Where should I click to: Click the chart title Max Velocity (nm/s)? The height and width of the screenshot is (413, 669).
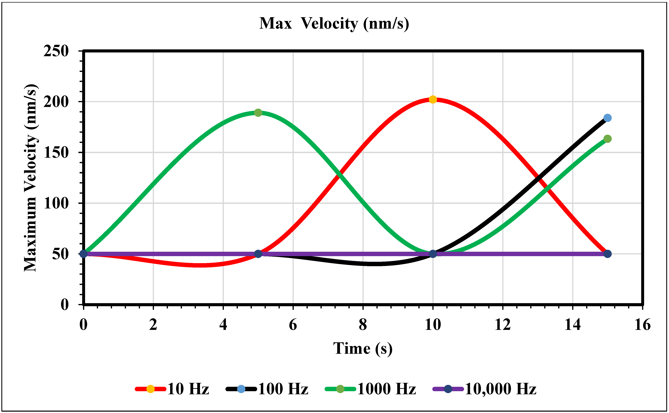coord(334,24)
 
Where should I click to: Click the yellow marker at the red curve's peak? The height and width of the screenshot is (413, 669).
coord(433,99)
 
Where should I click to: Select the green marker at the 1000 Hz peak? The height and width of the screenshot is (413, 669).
coord(258,113)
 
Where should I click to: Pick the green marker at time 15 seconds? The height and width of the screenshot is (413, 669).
coord(607,139)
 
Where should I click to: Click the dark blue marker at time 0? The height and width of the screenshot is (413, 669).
coord(83,254)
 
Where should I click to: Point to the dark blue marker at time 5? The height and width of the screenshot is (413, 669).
coord(258,254)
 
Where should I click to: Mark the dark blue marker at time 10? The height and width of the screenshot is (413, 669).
coord(433,254)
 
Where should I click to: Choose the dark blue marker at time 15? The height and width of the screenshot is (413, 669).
coord(607,254)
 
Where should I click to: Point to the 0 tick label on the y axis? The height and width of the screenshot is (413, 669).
coord(64,304)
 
